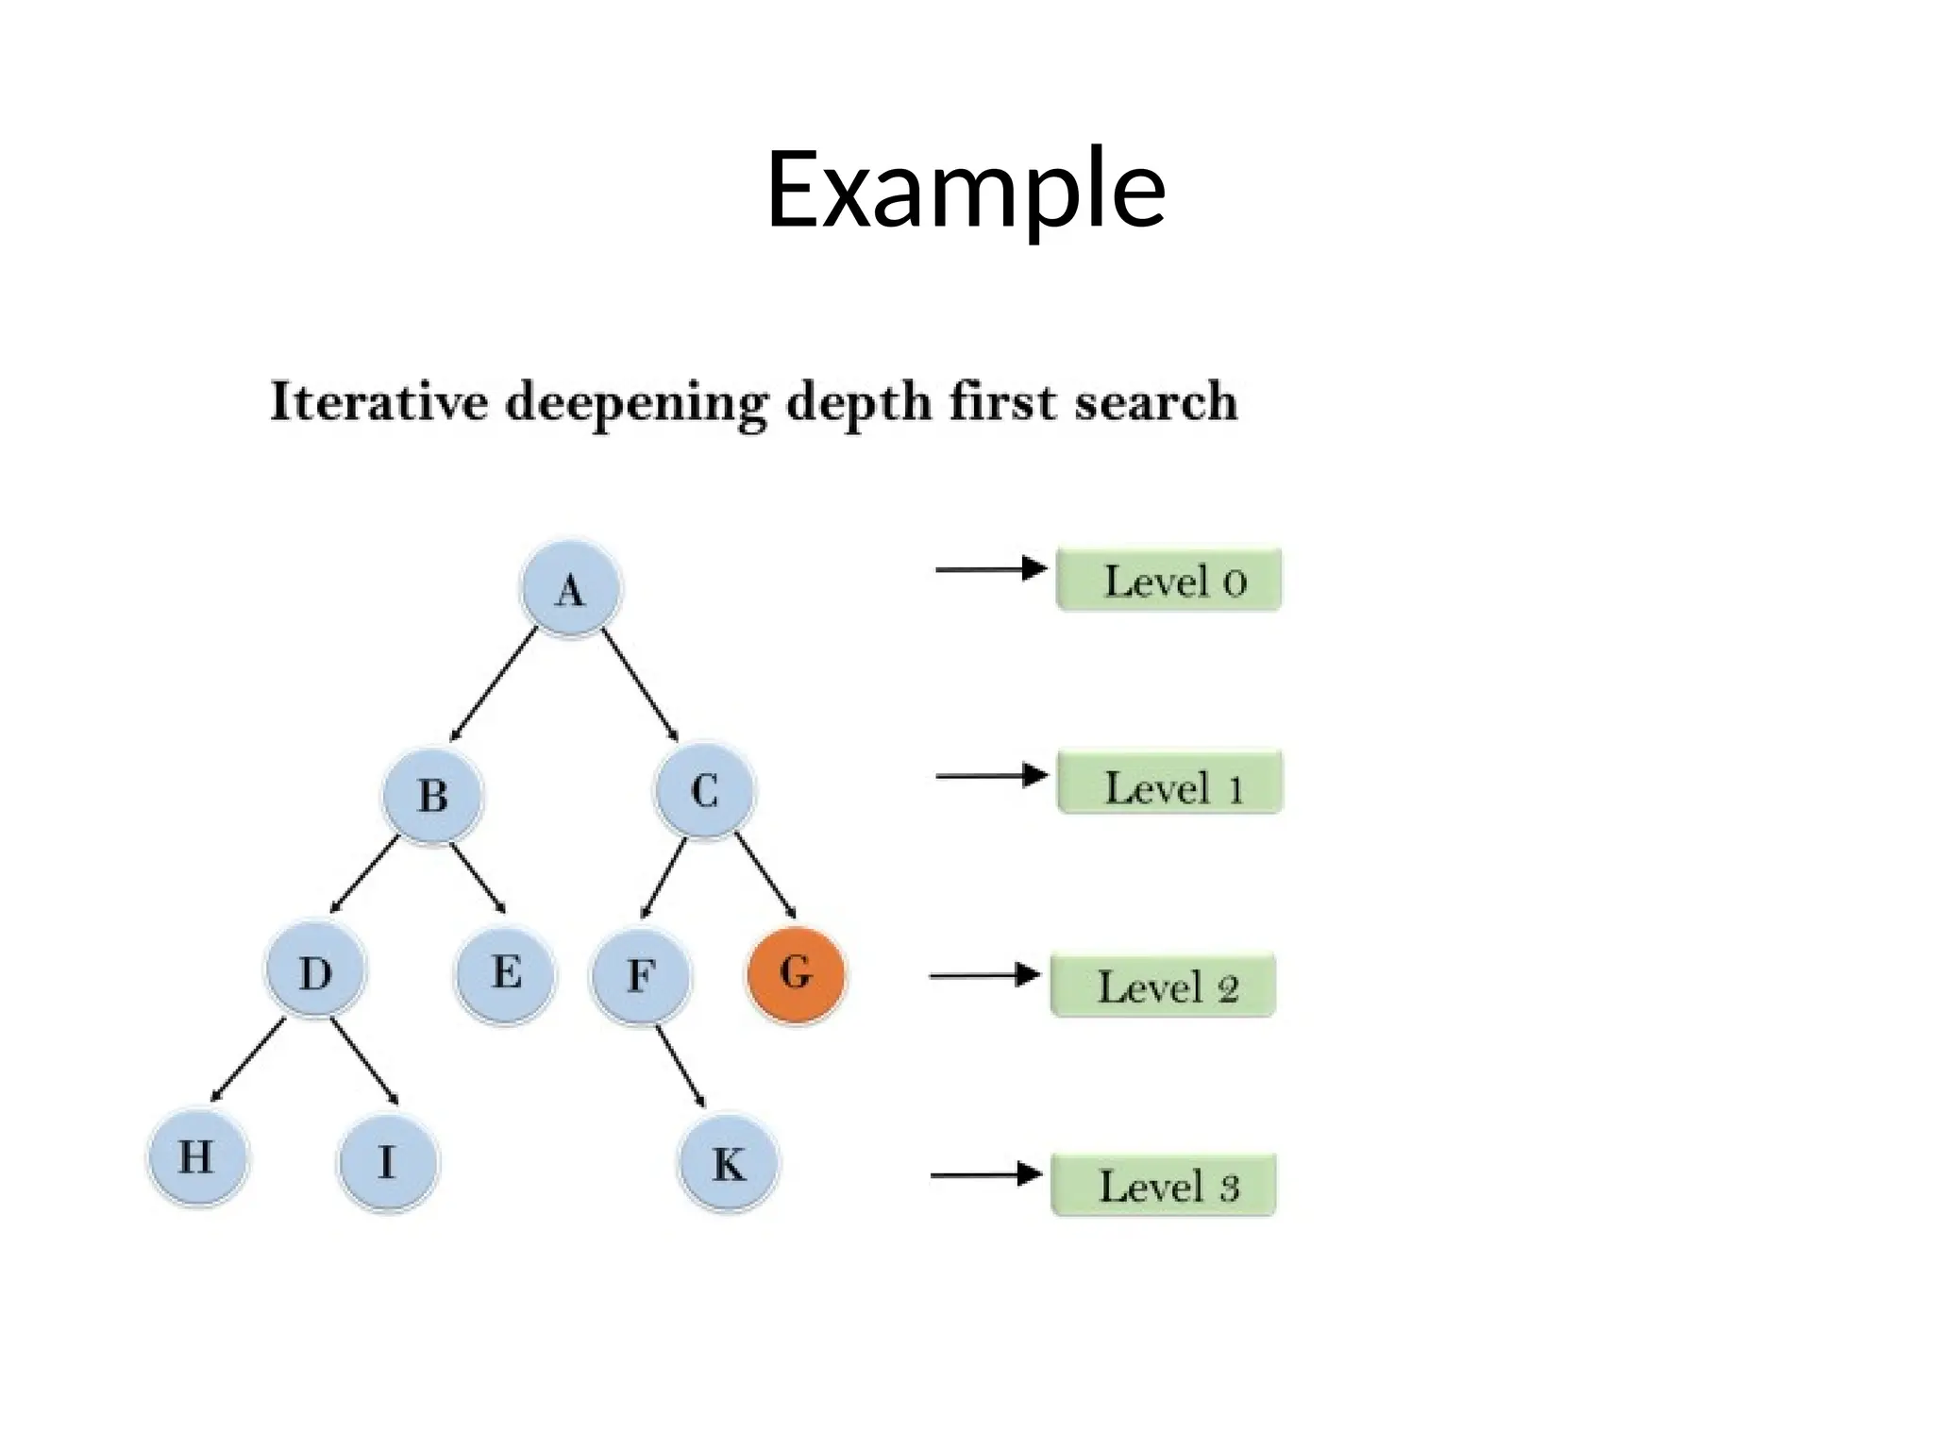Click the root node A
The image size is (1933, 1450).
click(570, 589)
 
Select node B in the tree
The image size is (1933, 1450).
click(433, 794)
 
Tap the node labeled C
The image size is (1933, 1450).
click(705, 790)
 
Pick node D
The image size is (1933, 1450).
click(315, 972)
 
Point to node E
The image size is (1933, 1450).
click(506, 973)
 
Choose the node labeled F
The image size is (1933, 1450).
click(641, 975)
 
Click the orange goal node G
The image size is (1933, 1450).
click(796, 973)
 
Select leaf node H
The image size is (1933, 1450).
click(196, 1157)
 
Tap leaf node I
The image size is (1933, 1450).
click(387, 1162)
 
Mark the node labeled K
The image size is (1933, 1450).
click(729, 1164)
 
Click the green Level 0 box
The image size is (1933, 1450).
click(1168, 580)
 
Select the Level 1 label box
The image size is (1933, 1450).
click(1169, 783)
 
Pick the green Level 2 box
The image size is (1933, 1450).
click(1163, 986)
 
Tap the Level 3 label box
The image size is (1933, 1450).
click(1164, 1185)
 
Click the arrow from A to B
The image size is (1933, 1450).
click(494, 685)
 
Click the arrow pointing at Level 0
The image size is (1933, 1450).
click(991, 569)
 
